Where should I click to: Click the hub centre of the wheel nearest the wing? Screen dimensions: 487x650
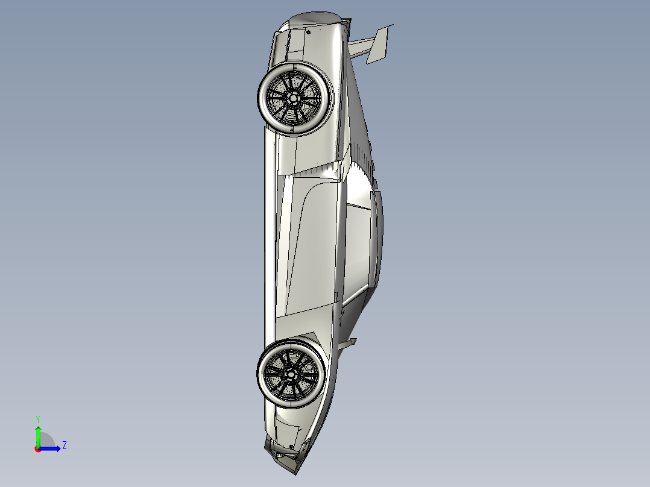[294, 98]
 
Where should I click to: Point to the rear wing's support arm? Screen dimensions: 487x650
[360, 46]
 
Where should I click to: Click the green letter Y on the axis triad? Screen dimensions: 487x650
[37, 418]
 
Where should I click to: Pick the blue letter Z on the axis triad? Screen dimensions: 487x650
[64, 445]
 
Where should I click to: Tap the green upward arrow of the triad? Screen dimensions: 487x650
[37, 435]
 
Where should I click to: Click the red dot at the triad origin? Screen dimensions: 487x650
[37, 449]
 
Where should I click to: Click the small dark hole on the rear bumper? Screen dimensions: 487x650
[308, 31]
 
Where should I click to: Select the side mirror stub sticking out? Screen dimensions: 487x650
[349, 343]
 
